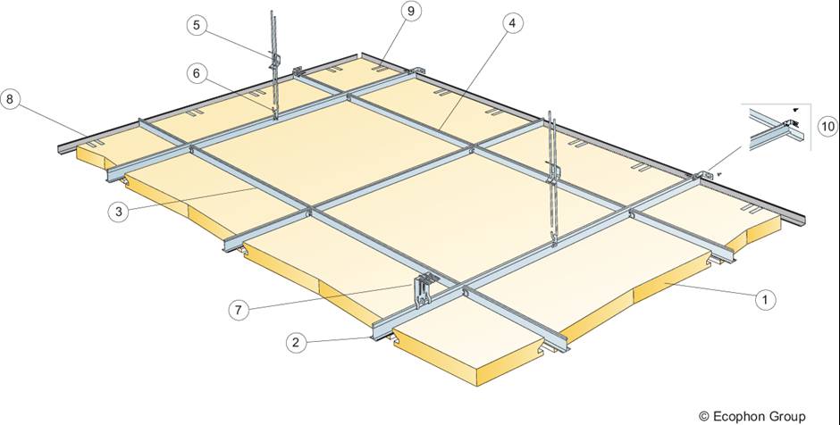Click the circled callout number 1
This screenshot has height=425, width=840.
pos(764,300)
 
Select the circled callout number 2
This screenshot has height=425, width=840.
pos(298,341)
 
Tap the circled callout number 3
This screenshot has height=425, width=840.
pos(117,212)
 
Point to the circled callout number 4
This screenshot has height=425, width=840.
pos(510,25)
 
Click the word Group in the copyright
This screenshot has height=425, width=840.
pos(788,415)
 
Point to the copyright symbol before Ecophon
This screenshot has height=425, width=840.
pos(704,415)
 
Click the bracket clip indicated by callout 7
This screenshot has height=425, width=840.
pos(424,290)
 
